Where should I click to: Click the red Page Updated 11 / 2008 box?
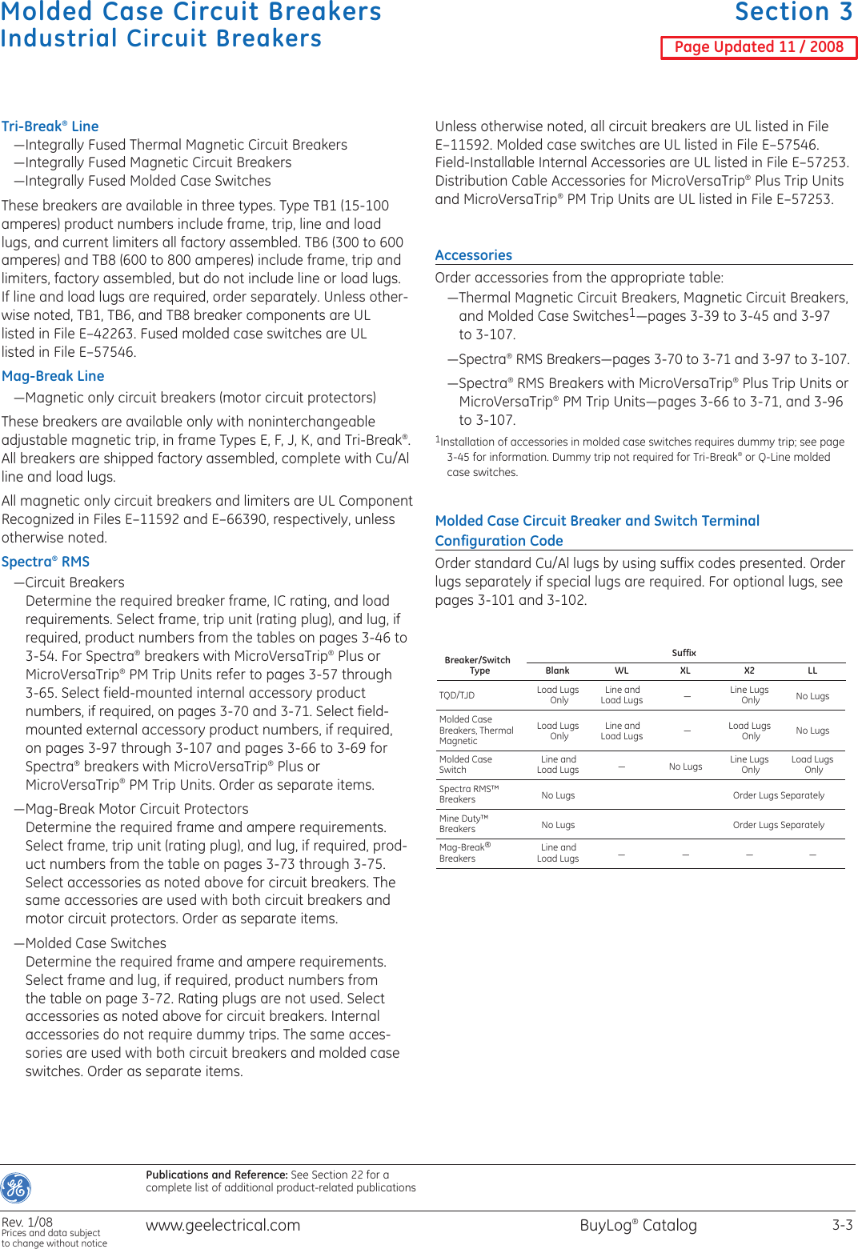tap(758, 47)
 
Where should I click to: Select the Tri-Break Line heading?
tap(50, 126)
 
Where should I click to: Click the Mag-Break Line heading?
tap(53, 376)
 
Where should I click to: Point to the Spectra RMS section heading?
tap(46, 562)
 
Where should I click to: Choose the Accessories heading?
tap(473, 255)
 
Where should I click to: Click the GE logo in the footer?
tap(16, 1188)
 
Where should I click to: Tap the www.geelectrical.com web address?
tap(223, 1225)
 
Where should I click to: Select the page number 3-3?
tap(842, 1225)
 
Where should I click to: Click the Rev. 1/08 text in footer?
tap(27, 1222)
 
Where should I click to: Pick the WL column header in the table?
tap(622, 671)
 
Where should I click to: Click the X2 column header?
tap(749, 671)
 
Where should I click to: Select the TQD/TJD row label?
tap(456, 695)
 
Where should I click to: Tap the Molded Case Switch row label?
tap(465, 764)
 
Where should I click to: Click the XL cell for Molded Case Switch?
tap(685, 767)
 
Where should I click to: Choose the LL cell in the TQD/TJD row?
tap(812, 696)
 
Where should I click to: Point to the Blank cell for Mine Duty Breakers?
tap(558, 825)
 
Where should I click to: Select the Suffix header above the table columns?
tap(684, 653)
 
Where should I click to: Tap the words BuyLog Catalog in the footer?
tap(638, 1225)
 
